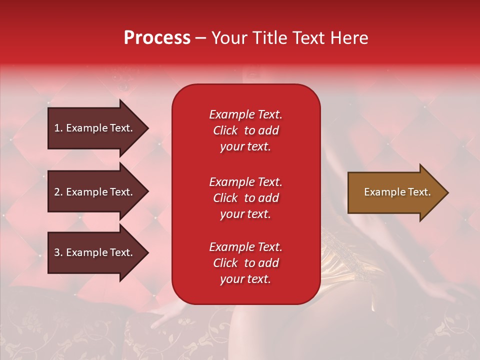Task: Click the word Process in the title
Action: [x=157, y=38]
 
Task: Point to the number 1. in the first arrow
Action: [x=58, y=128]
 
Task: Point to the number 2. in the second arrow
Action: [x=58, y=192]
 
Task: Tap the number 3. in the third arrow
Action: [x=58, y=252]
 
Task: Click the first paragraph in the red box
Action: [x=245, y=130]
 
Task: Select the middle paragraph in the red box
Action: [x=245, y=198]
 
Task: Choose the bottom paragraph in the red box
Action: [x=245, y=263]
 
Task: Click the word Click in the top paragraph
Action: [x=225, y=130]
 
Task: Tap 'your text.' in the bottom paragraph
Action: [x=245, y=279]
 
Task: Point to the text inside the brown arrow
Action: [x=397, y=192]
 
